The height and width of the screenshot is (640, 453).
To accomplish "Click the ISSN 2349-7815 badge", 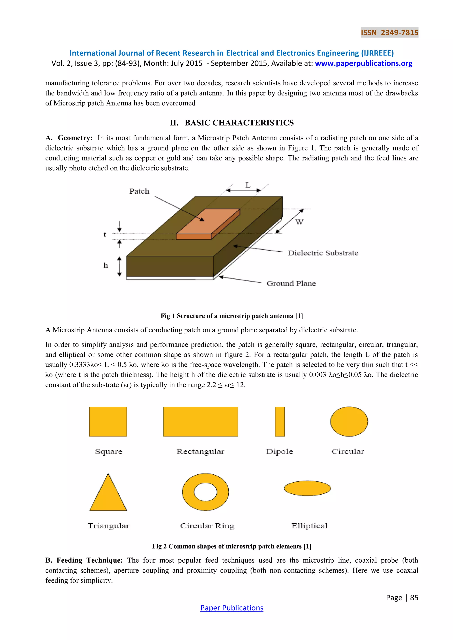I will (x=389, y=33).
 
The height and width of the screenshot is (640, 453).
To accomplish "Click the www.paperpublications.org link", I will (x=363, y=64).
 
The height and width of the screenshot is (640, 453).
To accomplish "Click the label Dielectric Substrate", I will (x=323, y=253).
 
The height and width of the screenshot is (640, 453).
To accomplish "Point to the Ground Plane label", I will (x=291, y=284).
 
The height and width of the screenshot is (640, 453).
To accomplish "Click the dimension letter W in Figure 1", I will (x=299, y=222).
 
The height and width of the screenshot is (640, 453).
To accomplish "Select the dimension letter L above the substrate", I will (x=248, y=185).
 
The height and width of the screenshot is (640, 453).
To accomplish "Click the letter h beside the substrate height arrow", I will (x=106, y=265).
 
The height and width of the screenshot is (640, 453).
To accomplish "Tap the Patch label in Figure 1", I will (x=139, y=191).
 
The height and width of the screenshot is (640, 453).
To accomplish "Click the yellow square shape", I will (x=108, y=421).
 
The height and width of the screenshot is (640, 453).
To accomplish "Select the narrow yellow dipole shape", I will (x=280, y=421).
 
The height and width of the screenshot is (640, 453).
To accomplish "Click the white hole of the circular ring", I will (x=205, y=492).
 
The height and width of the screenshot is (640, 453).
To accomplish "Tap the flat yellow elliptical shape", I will (x=307, y=488).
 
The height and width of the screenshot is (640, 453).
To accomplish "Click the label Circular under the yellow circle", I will (x=347, y=451).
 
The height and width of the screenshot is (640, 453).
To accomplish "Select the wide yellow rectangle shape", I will (x=201, y=421).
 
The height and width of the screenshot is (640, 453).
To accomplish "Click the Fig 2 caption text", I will (x=232, y=546).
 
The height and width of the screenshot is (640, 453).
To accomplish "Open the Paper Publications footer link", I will (x=232, y=608).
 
